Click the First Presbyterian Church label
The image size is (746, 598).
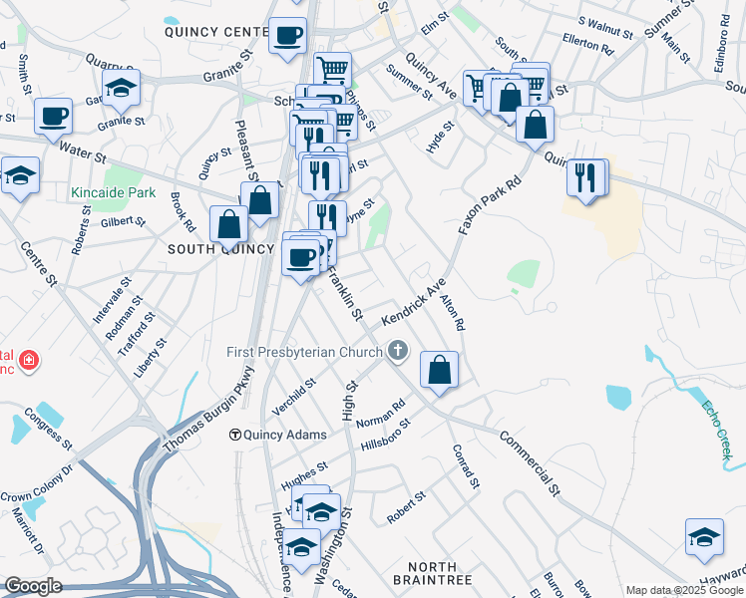coord(304,351)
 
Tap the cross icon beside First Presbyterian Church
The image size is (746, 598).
coord(398,351)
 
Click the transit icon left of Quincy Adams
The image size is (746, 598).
coord(236,434)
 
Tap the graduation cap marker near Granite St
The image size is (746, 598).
coord(121,89)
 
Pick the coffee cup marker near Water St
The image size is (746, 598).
coord(53,116)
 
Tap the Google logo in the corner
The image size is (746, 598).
coord(33,585)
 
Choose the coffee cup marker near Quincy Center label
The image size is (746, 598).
coord(288,36)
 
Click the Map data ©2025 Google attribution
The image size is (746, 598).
coord(684,590)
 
